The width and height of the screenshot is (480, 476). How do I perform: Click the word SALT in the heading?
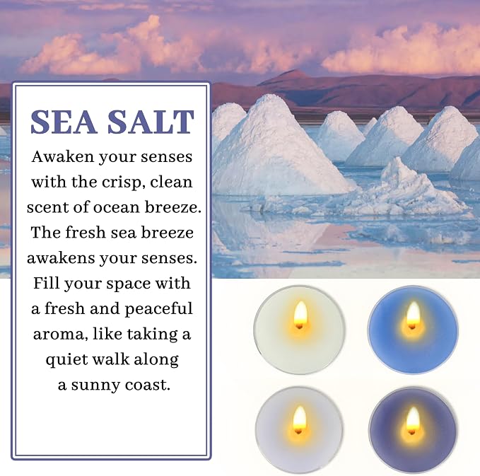[x=151, y=122]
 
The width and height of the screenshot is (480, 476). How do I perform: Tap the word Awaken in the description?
[x=63, y=157]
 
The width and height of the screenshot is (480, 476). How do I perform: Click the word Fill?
[x=46, y=283]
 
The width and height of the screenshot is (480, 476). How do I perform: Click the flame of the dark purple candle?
[x=413, y=419]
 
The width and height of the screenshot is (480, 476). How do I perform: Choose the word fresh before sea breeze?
[x=86, y=232]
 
